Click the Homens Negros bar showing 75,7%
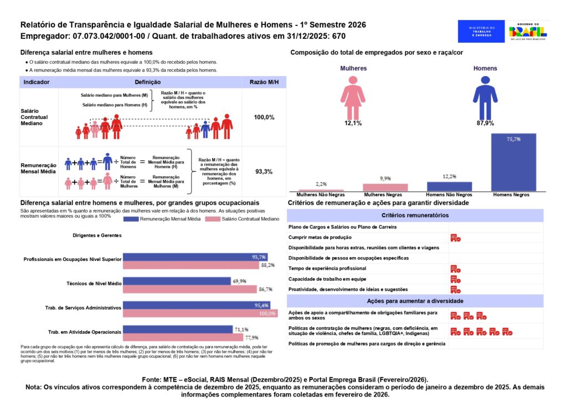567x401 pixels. click(513, 163)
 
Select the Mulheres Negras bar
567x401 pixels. click(385, 187)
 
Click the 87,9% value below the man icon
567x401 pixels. click(485, 123)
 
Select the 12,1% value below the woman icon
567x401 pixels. click(353, 123)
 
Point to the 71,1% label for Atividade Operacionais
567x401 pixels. click(241, 329)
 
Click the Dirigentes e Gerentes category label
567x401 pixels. click(97, 235)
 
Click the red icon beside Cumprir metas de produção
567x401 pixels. click(455, 238)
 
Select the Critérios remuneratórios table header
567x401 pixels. click(415, 215)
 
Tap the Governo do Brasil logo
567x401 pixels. click(528, 31)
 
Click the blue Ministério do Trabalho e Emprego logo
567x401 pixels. click(481, 31)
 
